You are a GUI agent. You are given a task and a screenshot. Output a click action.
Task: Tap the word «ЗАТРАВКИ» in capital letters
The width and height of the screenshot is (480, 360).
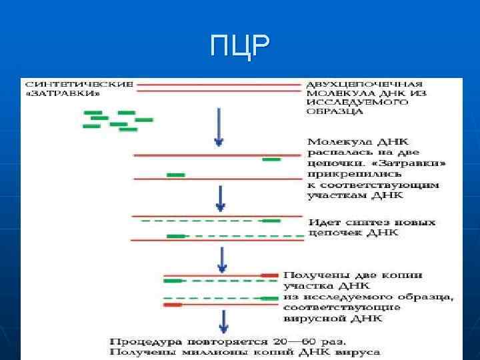pos(63,94)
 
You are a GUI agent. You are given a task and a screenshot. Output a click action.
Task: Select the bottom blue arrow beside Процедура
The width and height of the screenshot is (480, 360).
pos(224,321)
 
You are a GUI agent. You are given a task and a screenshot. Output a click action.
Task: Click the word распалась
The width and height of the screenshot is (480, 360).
pos(334,152)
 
